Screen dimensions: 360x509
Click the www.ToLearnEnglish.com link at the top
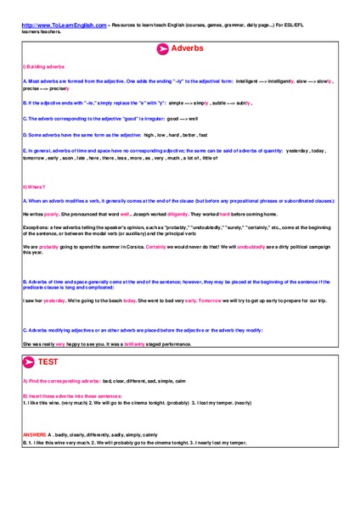pos(65,25)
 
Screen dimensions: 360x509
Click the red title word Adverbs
pos(188,49)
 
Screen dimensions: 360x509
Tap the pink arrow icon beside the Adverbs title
pos(161,49)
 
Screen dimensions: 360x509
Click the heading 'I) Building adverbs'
pos(39,65)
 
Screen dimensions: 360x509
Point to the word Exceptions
pos(37,227)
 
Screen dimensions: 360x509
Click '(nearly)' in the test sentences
pos(236,402)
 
